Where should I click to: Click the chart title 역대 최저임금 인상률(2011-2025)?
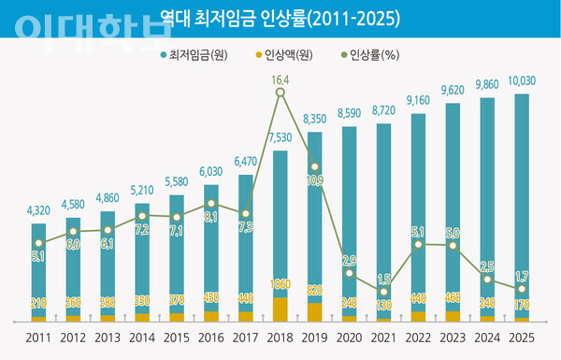pos(280,18)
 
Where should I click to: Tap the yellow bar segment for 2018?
pos(280,310)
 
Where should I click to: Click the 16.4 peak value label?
pos(280,81)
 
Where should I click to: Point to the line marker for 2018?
pos(280,92)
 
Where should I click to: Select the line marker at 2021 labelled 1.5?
pos(384,293)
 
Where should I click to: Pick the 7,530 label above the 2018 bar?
pos(280,139)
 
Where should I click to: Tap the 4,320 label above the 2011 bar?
pos(38,212)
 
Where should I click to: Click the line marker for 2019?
pos(315,167)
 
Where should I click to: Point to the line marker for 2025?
pos(521,289)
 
